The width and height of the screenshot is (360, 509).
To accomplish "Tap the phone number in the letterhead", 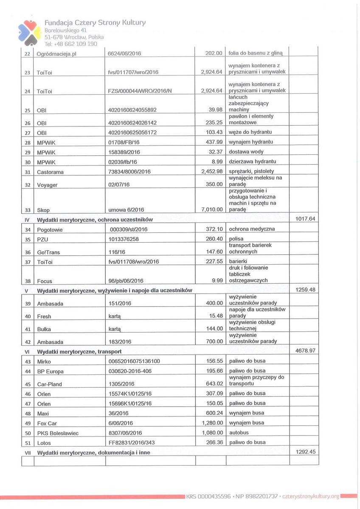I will tap(71, 44).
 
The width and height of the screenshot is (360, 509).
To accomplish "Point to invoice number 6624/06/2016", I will tap(125, 53).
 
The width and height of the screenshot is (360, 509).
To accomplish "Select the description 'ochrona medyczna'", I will tap(252, 229).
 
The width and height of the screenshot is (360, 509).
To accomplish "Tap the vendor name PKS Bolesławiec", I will tap(58, 433).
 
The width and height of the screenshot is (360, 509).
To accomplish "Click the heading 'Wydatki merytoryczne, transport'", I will tap(79, 352).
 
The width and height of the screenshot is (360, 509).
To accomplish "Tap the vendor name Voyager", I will tap(47, 185).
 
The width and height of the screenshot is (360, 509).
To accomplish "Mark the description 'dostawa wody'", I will tap(246, 151).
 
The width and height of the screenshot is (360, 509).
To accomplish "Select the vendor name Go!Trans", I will tap(48, 252).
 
